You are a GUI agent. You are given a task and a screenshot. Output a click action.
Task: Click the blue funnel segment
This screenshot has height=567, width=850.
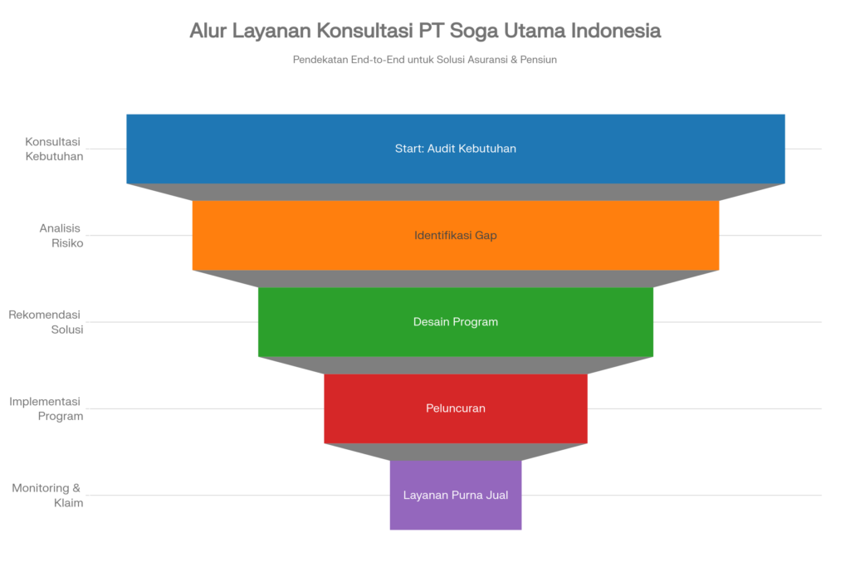249,149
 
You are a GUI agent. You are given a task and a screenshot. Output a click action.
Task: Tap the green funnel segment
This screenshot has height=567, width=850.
332,321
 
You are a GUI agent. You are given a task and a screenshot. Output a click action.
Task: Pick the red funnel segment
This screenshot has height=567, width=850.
365,408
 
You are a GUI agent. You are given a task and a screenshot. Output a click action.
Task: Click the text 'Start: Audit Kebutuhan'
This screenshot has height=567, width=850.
456,149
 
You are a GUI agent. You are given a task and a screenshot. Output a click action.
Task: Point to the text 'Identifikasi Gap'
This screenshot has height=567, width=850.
456,235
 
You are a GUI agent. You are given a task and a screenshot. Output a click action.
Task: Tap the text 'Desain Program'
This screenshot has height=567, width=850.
456,321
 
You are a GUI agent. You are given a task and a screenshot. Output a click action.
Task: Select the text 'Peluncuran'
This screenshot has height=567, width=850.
456,408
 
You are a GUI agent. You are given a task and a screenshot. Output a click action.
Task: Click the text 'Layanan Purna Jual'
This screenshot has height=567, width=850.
456,495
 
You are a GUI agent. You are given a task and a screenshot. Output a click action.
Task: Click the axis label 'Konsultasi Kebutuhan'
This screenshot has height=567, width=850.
54,149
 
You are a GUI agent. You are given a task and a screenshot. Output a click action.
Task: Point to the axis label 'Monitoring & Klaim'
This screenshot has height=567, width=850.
48,495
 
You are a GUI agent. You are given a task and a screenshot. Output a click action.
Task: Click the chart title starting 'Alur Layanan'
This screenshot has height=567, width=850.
424,31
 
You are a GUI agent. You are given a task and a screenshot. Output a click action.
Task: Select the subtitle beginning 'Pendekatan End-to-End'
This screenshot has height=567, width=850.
424,60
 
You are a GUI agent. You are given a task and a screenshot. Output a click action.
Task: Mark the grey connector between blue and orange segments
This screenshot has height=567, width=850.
456,192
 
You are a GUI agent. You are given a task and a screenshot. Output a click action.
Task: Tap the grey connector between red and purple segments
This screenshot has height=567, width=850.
456,452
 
